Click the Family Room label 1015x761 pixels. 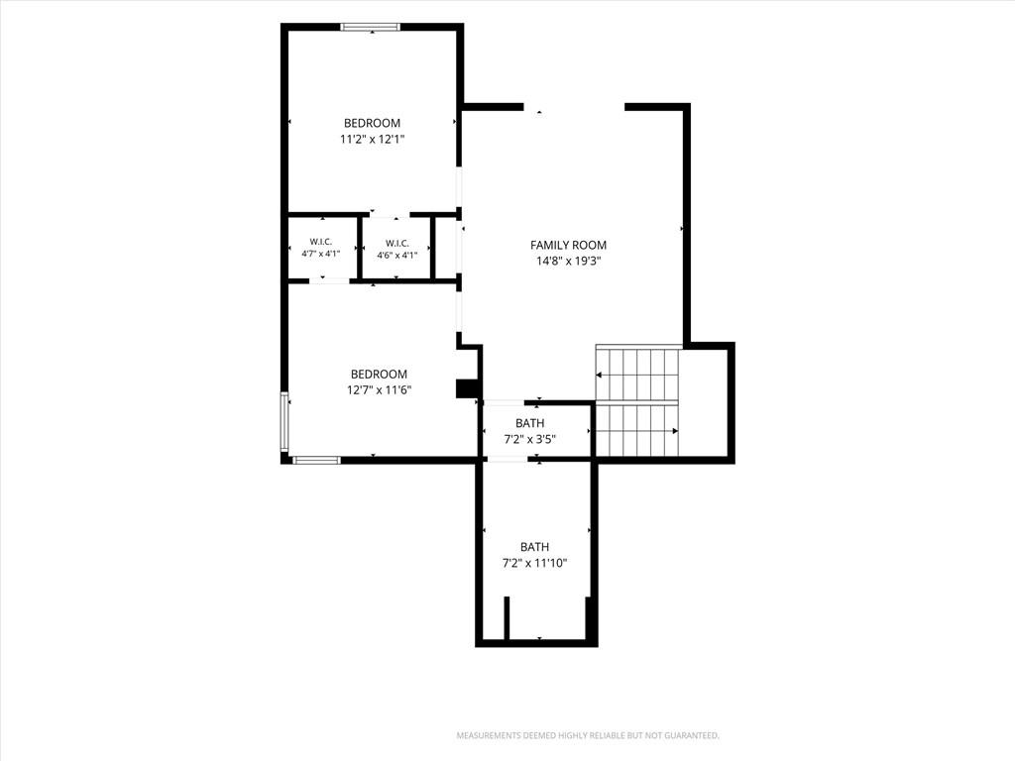(x=568, y=246)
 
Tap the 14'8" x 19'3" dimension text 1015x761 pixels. (x=569, y=262)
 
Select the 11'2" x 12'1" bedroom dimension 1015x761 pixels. (x=373, y=139)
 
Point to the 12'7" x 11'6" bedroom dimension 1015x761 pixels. (x=380, y=390)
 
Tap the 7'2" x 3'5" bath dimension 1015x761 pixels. (x=530, y=439)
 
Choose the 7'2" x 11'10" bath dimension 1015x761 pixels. (x=534, y=563)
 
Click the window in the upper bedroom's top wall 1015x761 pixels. (x=371, y=27)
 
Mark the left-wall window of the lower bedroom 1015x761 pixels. (x=284, y=421)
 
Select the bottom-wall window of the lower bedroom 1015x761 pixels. (x=316, y=460)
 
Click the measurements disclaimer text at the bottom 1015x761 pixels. (x=589, y=736)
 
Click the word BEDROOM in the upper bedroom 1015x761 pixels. (x=373, y=123)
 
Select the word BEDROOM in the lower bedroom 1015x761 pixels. (x=380, y=374)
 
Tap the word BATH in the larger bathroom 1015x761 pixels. (x=534, y=547)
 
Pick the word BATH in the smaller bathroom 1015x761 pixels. (x=530, y=423)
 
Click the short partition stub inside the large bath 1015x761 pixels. (x=507, y=618)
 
